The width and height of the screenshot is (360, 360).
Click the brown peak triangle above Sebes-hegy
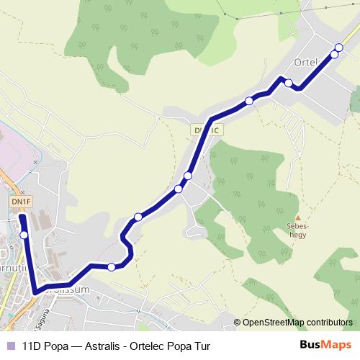pyautogui.click(x=298, y=216)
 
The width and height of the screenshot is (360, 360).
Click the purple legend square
pyautogui.click(x=11, y=345)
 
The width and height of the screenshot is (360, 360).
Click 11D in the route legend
pyautogui.click(x=32, y=345)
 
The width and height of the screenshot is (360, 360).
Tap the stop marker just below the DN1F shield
pyautogui.click(x=24, y=235)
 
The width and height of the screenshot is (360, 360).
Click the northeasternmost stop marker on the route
pyautogui.click(x=338, y=48)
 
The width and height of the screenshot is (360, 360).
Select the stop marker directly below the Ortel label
pyautogui.click(x=289, y=84)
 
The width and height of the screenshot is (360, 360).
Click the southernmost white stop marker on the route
pyautogui.click(x=112, y=267)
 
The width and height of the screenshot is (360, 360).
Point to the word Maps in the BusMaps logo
pyautogui.click(x=337, y=345)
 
